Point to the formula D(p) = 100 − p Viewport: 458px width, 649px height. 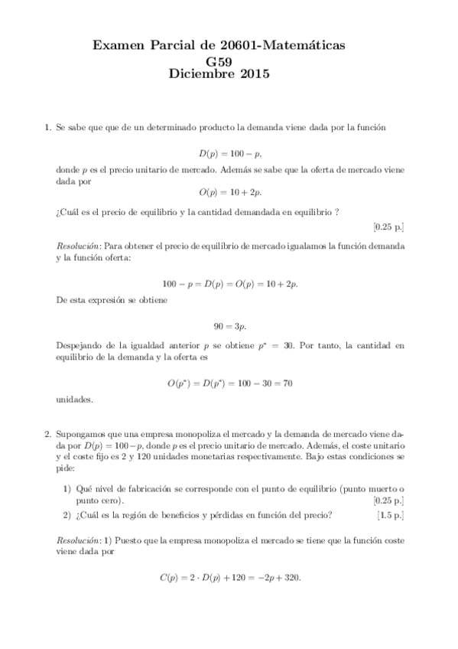(x=229, y=153)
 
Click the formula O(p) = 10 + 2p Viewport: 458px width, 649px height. (x=229, y=194)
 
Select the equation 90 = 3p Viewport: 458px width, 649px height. (x=229, y=325)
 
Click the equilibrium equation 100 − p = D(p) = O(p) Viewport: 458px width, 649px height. (x=229, y=283)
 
